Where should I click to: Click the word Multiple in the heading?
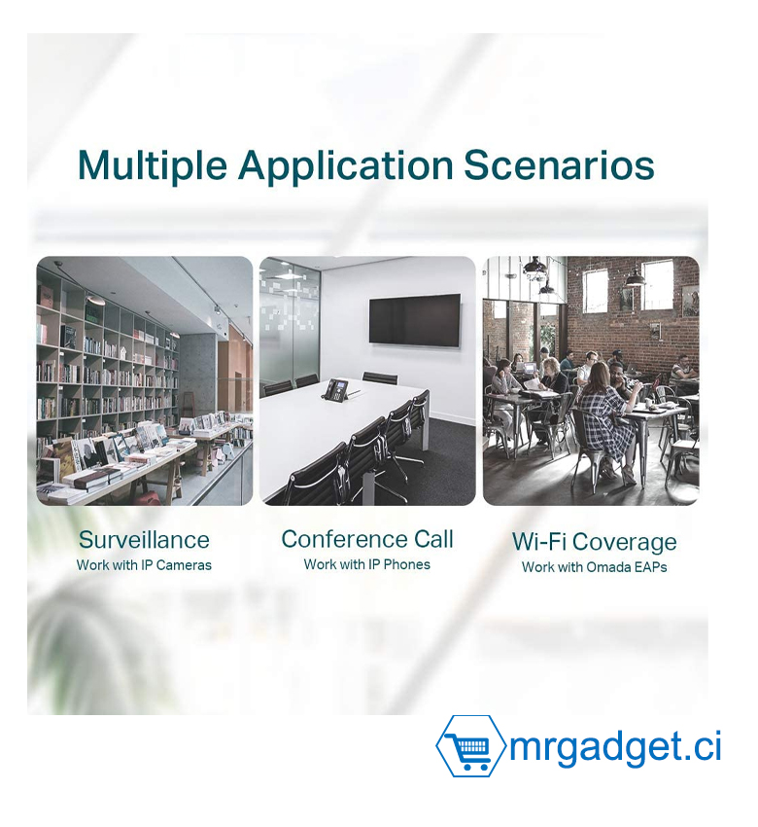(153, 166)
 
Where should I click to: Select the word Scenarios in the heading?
(559, 166)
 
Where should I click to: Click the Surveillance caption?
(144, 540)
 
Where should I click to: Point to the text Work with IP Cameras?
(144, 565)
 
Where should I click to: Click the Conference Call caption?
(367, 540)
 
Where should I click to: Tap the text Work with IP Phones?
(367, 564)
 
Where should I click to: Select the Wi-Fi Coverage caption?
(594, 543)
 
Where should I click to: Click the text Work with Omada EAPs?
(594, 567)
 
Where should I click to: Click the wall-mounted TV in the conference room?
(415, 320)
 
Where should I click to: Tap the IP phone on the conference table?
(336, 390)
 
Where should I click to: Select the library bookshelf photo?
(145, 380)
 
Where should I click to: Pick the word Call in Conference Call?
(433, 540)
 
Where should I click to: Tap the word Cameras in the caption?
(184, 565)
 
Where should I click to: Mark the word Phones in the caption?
(406, 564)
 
